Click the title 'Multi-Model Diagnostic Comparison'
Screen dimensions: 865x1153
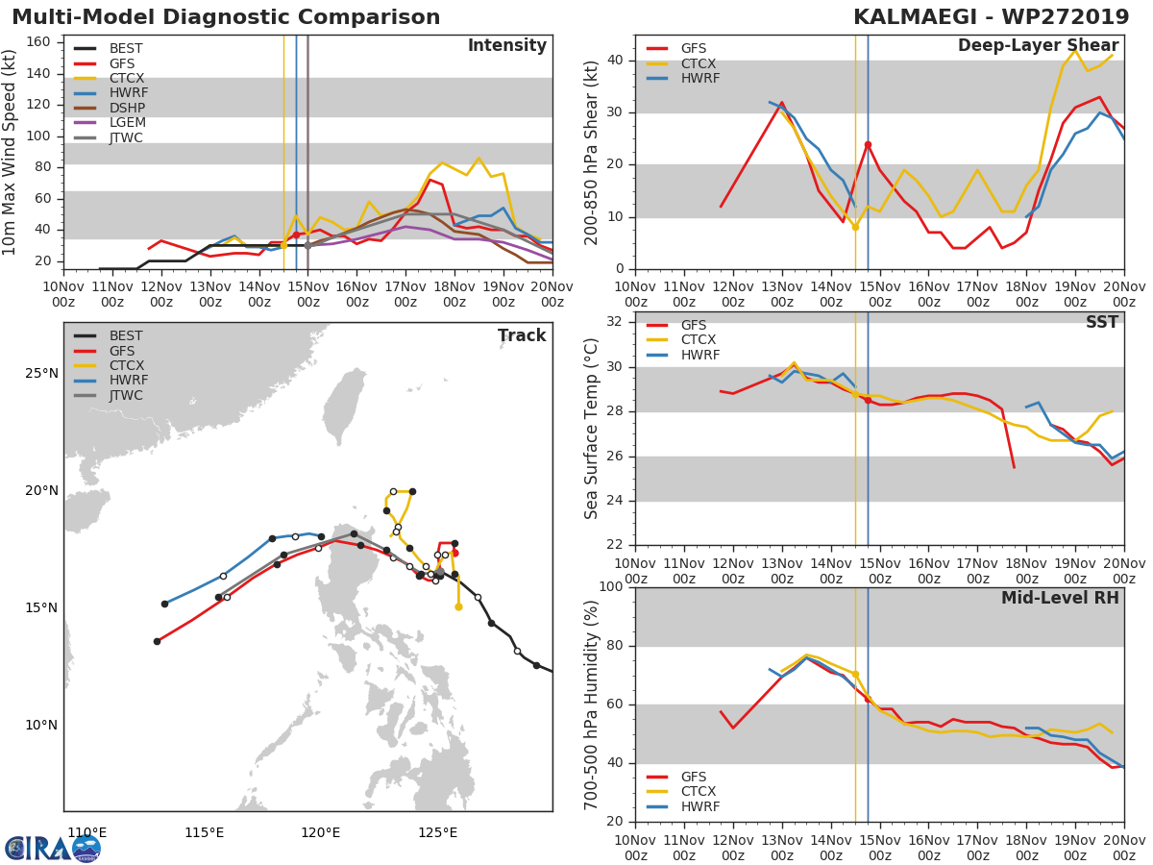226,17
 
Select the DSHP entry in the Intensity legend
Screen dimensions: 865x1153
126,108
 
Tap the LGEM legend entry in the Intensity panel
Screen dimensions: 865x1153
127,123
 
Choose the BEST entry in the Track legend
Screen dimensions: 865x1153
126,336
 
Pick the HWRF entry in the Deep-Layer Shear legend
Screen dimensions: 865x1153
699,78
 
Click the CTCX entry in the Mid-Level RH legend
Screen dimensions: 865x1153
700,792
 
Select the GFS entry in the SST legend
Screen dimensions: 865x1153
693,325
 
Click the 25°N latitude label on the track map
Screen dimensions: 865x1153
40,373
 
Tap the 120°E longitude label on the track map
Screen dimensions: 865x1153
320,832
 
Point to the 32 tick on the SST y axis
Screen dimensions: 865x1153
615,321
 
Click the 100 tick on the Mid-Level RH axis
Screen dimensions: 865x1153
610,586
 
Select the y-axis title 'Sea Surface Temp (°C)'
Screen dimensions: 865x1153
592,429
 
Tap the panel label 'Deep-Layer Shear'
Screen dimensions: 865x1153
1038,46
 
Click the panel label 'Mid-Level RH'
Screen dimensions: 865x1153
1060,598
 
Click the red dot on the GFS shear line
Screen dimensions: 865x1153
868,144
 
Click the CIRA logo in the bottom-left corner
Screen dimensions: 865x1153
53,848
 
